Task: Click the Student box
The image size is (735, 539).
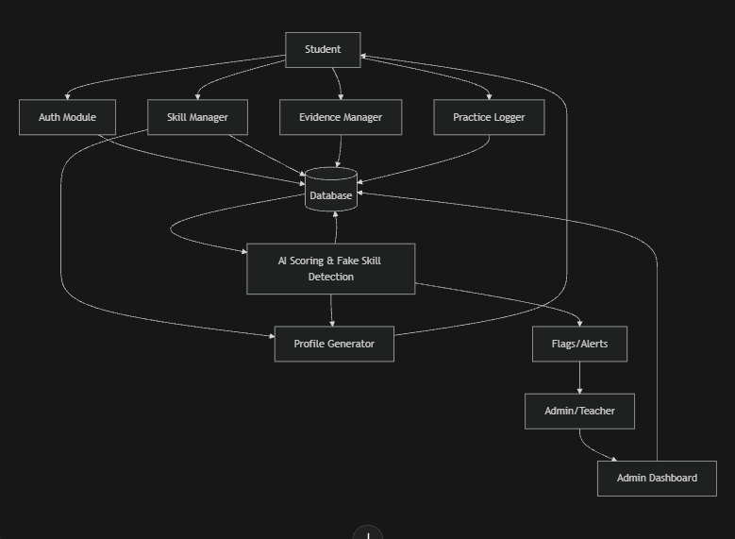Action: point(323,49)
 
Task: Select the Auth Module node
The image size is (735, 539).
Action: point(67,117)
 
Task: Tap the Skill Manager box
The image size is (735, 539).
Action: point(197,117)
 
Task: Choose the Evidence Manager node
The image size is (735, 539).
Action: point(341,117)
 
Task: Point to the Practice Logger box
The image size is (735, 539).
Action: point(489,117)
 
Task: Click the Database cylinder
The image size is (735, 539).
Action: point(331,193)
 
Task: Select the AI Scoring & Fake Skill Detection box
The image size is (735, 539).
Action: point(330,268)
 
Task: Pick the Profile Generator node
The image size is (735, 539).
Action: point(334,344)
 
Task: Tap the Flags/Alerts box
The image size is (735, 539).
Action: point(579,344)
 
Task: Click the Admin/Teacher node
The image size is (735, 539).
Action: point(579,412)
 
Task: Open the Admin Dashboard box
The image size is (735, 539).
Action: point(657,478)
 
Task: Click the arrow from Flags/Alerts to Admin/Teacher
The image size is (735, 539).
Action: point(579,378)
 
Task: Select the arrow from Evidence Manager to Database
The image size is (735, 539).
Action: point(339,152)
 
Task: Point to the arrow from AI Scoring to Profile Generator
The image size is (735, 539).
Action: point(331,311)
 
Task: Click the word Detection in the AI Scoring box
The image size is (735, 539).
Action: point(331,277)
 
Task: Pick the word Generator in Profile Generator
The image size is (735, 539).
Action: point(352,344)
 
